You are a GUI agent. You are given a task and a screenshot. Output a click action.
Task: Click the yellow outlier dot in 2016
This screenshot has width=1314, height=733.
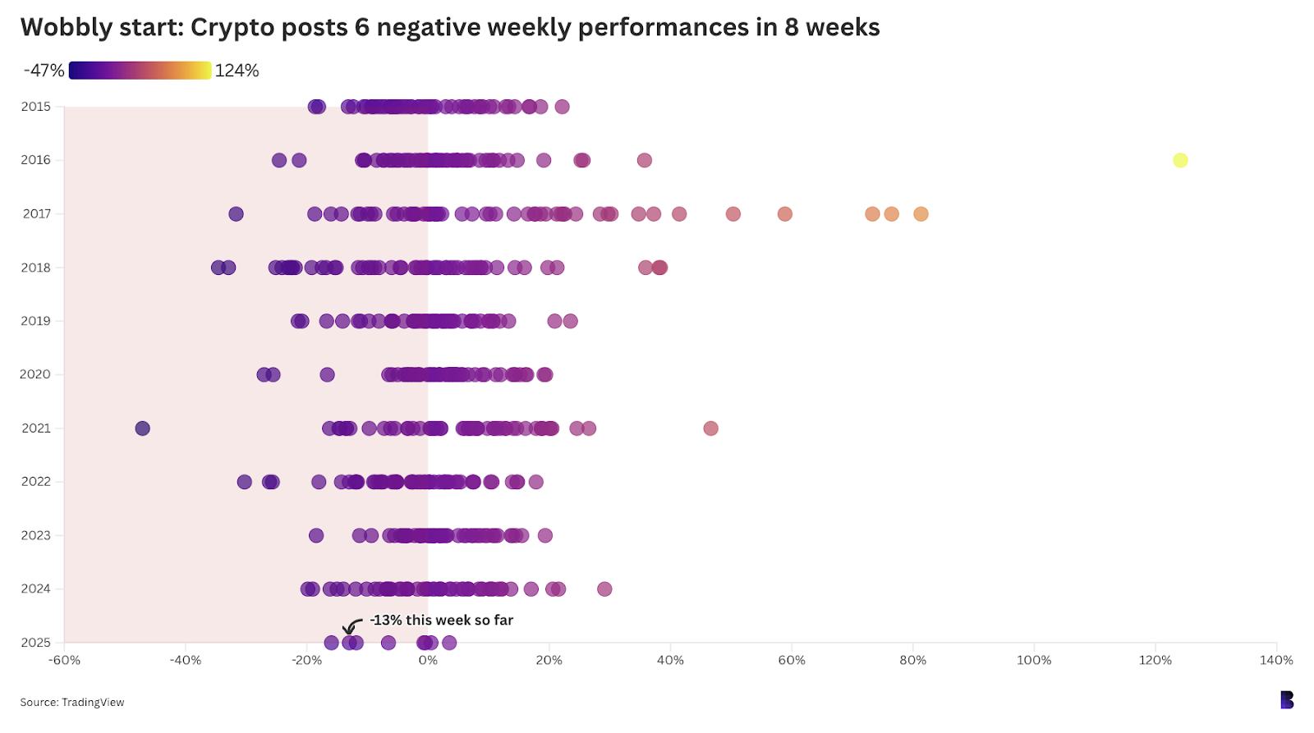(x=1180, y=160)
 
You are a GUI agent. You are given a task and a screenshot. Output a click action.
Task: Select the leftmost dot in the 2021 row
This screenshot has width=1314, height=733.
(x=143, y=428)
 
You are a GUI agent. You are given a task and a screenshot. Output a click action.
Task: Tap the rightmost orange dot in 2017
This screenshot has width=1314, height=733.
(x=921, y=214)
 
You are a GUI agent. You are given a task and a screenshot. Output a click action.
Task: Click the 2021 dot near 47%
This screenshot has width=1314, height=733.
(x=710, y=428)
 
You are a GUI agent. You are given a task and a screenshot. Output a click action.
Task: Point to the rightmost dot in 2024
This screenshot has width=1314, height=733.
(x=604, y=589)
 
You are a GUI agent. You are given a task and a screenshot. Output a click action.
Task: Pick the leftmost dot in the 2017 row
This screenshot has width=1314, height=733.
(x=236, y=214)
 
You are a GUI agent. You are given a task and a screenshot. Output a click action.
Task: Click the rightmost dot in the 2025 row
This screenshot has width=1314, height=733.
(x=449, y=643)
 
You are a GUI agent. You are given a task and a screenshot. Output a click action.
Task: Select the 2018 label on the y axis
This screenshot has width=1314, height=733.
(x=36, y=268)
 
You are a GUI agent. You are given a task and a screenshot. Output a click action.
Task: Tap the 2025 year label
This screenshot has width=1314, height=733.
(x=36, y=643)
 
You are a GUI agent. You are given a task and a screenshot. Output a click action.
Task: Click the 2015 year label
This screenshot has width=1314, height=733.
(x=36, y=107)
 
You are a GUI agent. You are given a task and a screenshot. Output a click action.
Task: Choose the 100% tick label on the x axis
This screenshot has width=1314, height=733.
(x=1034, y=660)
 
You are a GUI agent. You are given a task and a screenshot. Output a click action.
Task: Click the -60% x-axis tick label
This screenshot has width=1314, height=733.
(x=64, y=660)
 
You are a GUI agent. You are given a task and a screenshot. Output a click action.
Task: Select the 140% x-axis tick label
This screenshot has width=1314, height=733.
(x=1276, y=660)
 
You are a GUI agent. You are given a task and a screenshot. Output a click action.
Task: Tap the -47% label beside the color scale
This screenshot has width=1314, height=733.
(x=44, y=71)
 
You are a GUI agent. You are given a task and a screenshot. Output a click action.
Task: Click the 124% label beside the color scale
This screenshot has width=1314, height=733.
(x=237, y=71)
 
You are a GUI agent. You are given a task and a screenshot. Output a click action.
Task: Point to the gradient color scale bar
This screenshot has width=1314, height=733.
(x=140, y=71)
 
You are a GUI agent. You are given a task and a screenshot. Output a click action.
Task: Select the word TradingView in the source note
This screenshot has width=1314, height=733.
(x=93, y=702)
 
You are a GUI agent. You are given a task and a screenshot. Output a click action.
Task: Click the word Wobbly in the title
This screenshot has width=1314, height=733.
(x=66, y=28)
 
